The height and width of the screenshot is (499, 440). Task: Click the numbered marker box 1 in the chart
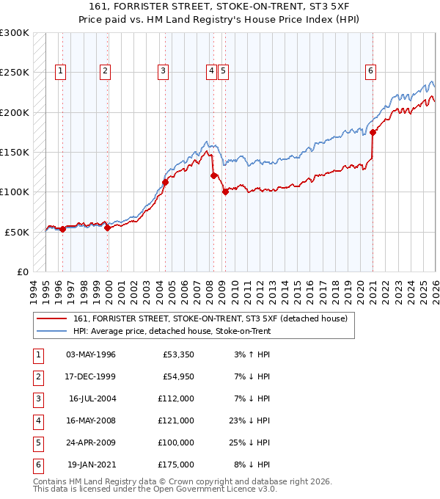tap(59, 71)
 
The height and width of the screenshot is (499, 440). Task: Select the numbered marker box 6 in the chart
tap(370, 71)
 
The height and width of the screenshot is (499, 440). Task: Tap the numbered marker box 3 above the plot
tap(162, 71)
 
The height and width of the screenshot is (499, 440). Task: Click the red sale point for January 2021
tap(373, 133)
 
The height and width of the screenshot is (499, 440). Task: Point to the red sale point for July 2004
tap(165, 183)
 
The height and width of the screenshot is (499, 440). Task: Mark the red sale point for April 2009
tap(225, 192)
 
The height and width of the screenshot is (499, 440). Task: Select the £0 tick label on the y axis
tap(21, 272)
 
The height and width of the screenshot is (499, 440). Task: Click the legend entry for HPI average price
tap(172, 331)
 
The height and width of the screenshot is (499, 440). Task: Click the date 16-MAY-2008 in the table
tap(91, 420)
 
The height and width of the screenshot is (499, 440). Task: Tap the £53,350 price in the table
tap(177, 354)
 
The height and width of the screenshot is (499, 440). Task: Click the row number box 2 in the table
tap(36, 376)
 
